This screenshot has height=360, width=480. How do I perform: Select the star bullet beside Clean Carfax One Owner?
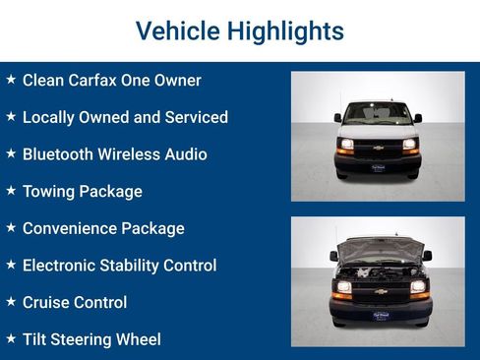pos(11,80)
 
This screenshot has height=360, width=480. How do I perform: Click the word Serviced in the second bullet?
pos(195,117)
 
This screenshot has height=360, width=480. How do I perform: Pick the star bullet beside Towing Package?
pos(11,191)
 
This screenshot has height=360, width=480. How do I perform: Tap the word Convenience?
pos(69,228)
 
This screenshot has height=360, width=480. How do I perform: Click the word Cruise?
pos(47,303)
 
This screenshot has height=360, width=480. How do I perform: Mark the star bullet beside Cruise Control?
pos(11,302)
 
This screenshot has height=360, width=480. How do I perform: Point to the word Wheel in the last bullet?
pos(137,339)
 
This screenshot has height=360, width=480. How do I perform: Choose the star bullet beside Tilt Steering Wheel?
pos(11,338)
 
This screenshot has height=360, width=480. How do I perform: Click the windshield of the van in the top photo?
pos(378,114)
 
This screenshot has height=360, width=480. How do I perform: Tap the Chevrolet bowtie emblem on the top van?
pos(378,148)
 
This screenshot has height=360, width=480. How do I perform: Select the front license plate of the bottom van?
pos(379,315)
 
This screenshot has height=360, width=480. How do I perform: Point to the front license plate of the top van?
pos(378,168)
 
